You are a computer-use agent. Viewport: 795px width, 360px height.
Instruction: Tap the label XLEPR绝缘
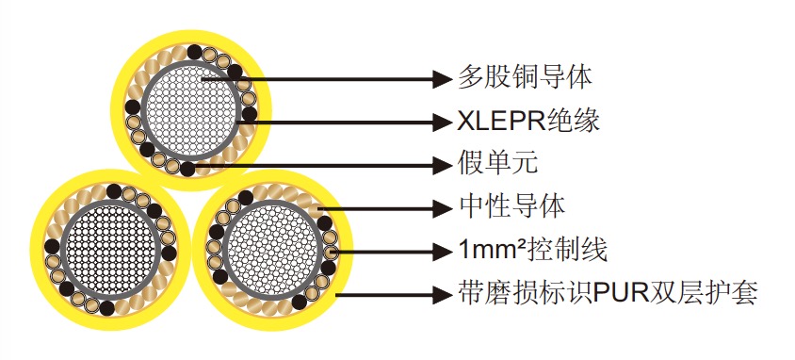tap(528, 121)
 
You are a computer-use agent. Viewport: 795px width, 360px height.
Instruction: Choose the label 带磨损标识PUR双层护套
tap(607, 293)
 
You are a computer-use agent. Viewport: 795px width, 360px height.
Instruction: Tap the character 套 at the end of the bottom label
tap(744, 293)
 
